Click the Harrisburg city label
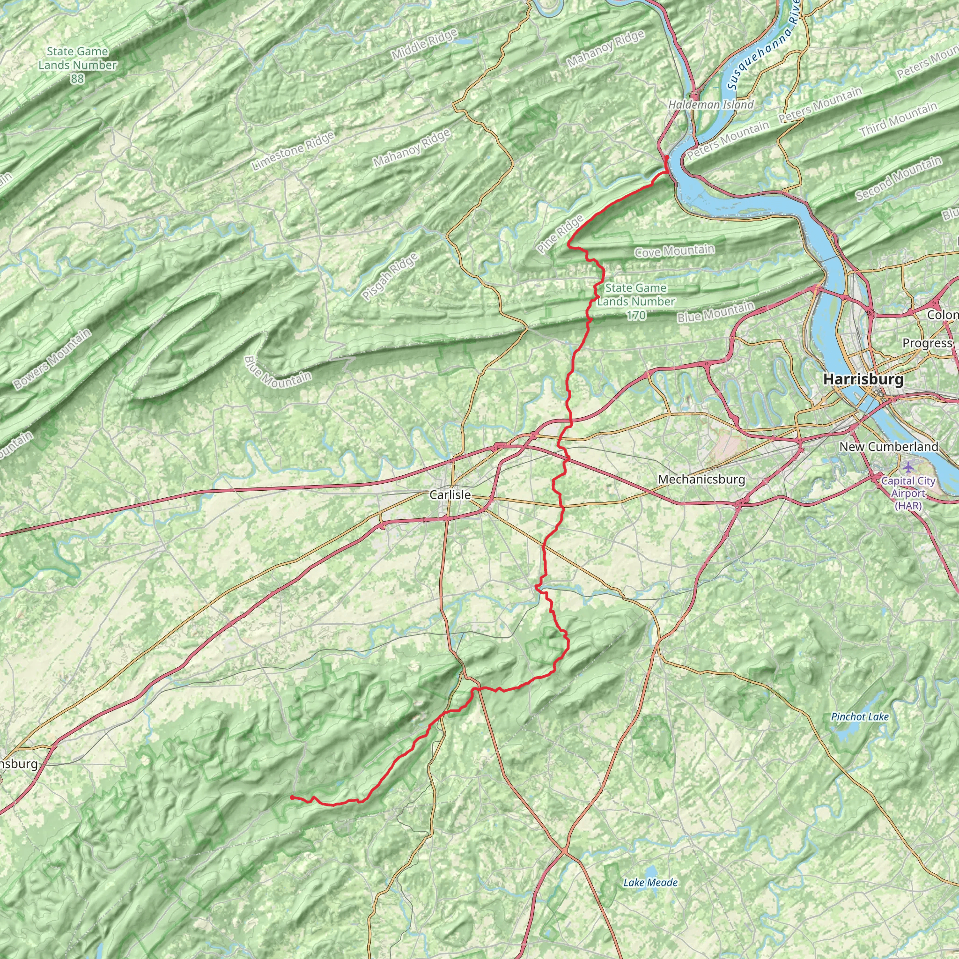click(x=863, y=379)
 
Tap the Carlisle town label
click(x=450, y=494)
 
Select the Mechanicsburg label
click(x=701, y=479)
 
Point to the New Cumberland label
click(x=888, y=446)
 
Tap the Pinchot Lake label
click(x=860, y=717)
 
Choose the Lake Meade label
click(x=650, y=882)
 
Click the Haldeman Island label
click(x=710, y=105)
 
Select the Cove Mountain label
click(x=675, y=251)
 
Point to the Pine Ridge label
click(x=560, y=234)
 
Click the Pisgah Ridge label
click(x=390, y=276)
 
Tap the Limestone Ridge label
click(x=293, y=151)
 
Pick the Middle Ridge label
click(x=424, y=44)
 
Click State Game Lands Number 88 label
click(x=77, y=65)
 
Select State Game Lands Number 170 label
click(x=636, y=301)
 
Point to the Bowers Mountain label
click(x=52, y=358)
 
